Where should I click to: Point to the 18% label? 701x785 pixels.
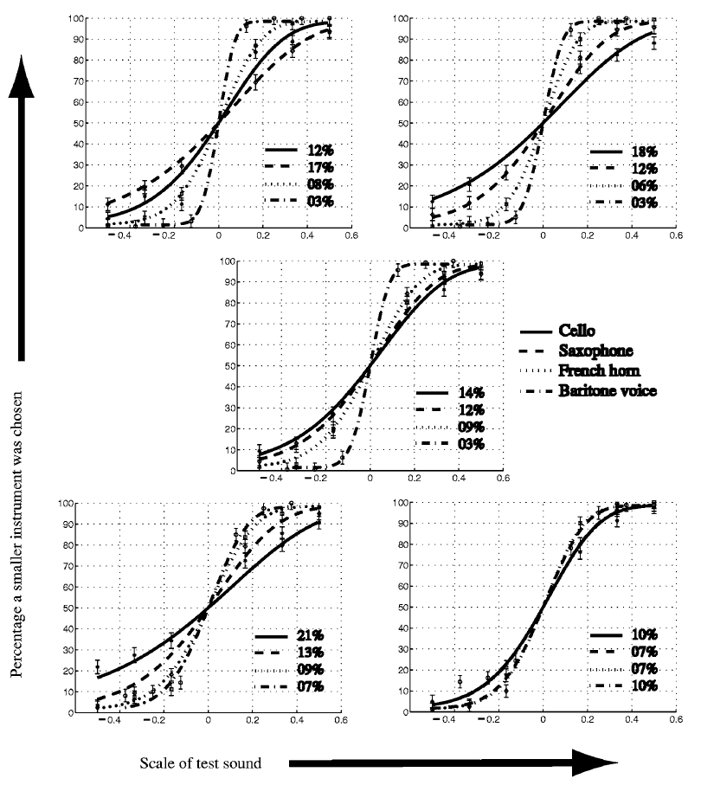pyautogui.click(x=641, y=151)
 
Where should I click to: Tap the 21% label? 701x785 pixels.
pyautogui.click(x=307, y=634)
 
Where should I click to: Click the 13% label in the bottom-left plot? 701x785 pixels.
pyautogui.click(x=307, y=652)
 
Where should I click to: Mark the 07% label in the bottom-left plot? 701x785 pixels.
pyautogui.click(x=307, y=686)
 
